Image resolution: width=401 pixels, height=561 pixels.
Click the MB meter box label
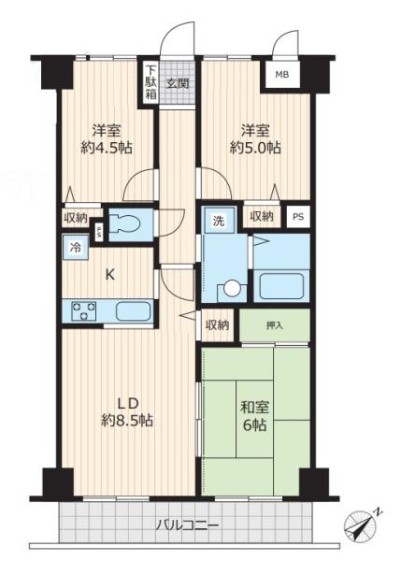[282, 75]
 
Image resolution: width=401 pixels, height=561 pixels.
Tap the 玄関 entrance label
[178, 84]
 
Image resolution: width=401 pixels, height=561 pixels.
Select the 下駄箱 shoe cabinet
[150, 83]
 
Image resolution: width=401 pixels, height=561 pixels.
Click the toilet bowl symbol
[124, 225]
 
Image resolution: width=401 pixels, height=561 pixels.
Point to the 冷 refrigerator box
[75, 247]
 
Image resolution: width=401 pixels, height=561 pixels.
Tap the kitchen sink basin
[133, 311]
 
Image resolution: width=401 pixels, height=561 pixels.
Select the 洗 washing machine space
[219, 220]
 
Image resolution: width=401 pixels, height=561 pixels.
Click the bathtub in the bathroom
[282, 286]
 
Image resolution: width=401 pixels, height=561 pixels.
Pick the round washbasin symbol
[232, 288]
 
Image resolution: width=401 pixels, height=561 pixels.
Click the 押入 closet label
[275, 325]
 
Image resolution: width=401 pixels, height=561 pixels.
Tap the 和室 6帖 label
[254, 416]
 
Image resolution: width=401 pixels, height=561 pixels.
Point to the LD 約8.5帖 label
[127, 411]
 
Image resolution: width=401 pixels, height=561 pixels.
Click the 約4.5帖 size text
[107, 148]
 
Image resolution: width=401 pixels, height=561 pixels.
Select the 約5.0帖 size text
[255, 148]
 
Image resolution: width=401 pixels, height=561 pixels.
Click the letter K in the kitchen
[110, 275]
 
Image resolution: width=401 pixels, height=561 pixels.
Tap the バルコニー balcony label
[187, 525]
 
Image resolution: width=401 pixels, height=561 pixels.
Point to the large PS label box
[298, 217]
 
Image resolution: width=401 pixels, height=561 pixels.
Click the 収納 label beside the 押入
[217, 324]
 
